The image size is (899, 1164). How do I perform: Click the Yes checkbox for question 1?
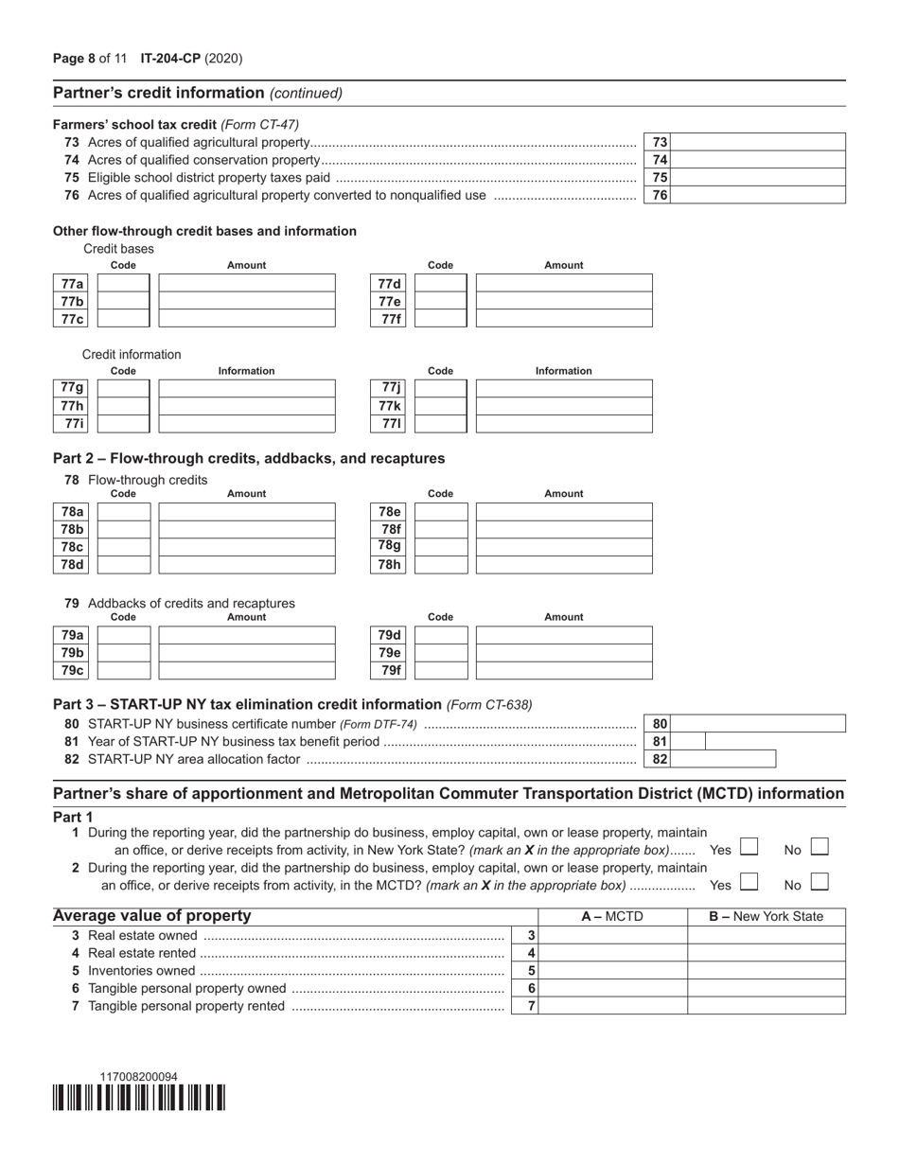point(749,848)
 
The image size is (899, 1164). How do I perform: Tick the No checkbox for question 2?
point(820,883)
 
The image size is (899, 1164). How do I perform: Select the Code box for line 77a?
point(124,283)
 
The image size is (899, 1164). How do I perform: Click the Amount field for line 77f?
point(563,318)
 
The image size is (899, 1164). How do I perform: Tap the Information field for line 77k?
point(563,406)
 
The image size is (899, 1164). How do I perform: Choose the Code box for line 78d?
point(124,565)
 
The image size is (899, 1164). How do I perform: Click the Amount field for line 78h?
point(563,565)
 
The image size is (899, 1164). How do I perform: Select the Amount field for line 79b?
point(246,653)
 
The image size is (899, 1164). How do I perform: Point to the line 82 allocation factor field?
point(723,759)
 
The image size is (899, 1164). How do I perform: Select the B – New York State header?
point(766,916)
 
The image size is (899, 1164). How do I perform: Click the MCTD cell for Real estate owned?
point(612,935)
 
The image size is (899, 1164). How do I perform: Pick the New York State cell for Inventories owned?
point(766,970)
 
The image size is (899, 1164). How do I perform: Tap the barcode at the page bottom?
point(139,1098)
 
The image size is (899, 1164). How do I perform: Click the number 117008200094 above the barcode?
point(138,1077)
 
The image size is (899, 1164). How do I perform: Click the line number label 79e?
point(390,653)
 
